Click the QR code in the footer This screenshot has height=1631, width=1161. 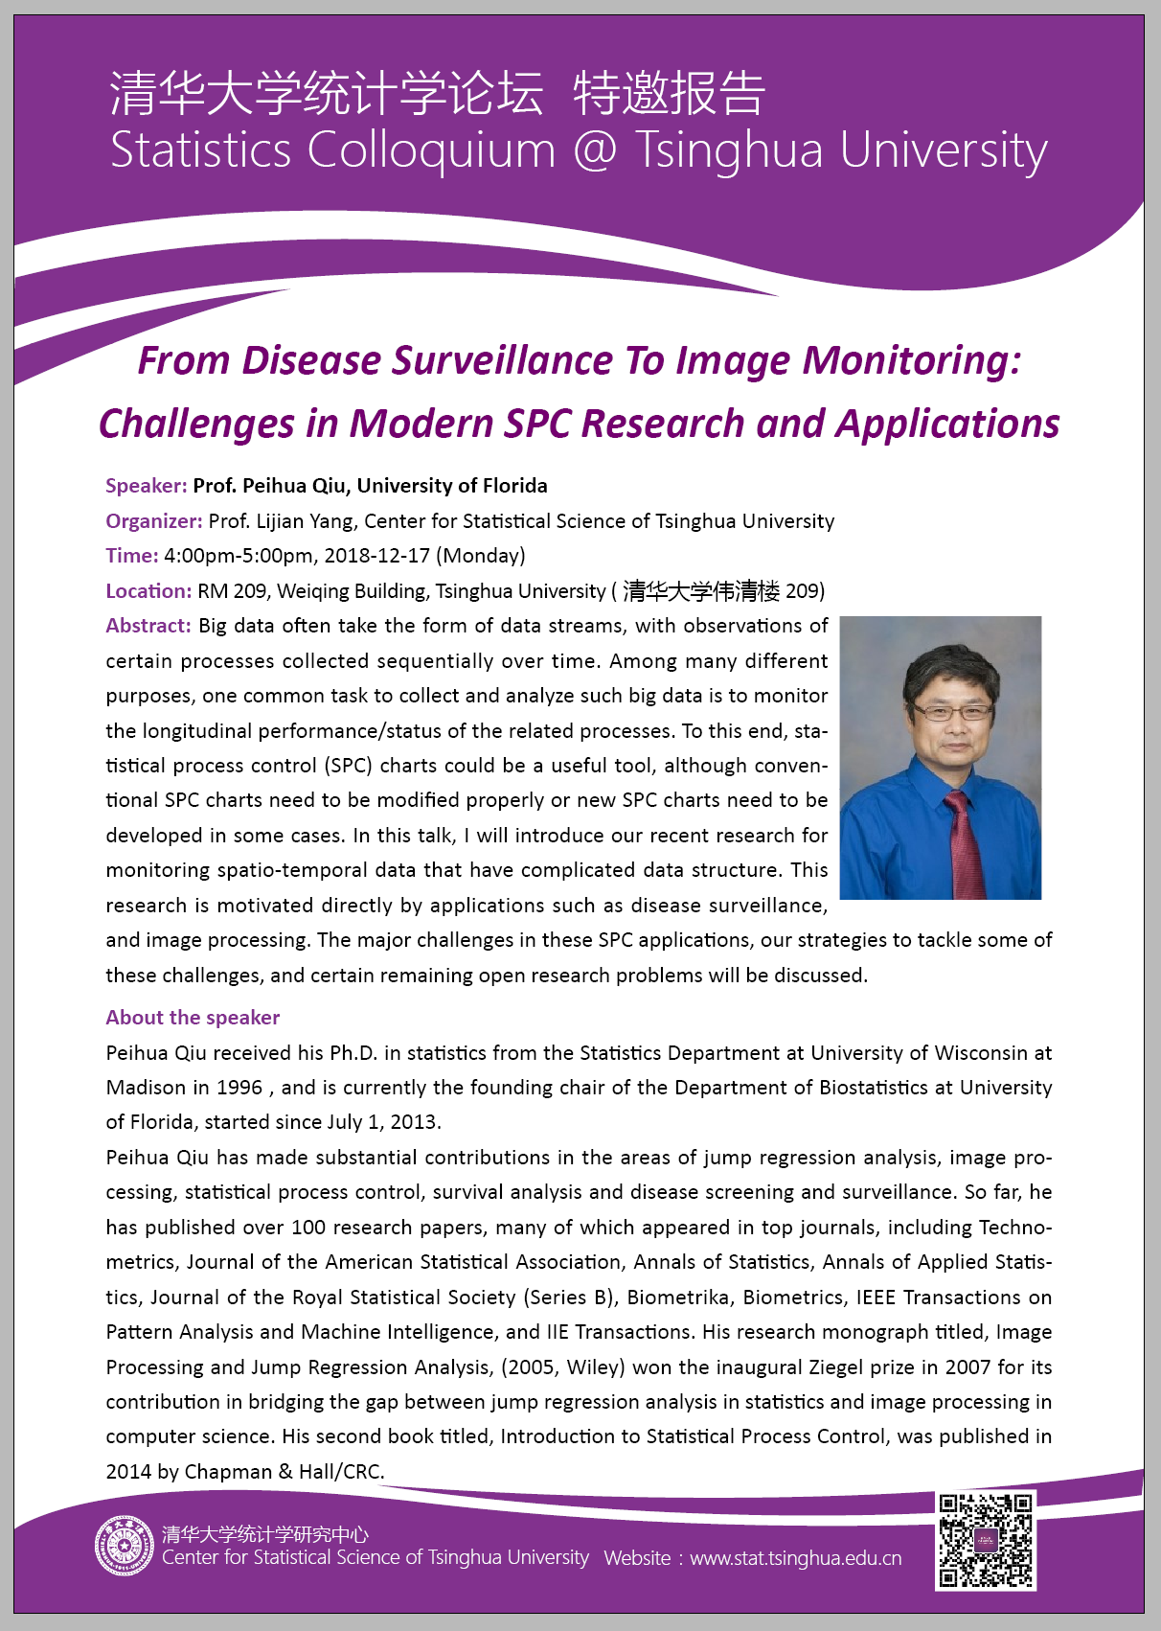986,1541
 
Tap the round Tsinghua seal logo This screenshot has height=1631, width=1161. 124,1546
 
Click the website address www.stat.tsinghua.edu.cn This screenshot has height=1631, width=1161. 795,1558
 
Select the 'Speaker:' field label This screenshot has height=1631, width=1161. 147,486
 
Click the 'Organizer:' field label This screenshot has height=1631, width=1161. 153,521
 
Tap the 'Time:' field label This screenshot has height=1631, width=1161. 132,556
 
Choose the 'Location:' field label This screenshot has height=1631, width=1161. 148,591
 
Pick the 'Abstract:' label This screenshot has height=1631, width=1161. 148,626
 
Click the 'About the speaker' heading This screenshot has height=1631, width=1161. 193,1018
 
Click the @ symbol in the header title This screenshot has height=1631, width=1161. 595,150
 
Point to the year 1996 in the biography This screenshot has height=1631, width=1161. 239,1088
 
